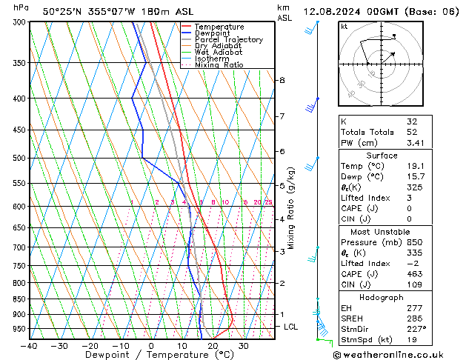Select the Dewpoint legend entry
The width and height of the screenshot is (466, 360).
click(x=216, y=33)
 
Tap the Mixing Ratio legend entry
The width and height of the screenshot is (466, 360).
click(x=219, y=65)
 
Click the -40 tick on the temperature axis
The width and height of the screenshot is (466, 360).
click(x=29, y=346)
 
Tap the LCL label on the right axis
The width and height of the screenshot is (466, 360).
click(x=292, y=327)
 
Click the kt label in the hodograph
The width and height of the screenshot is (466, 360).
click(x=344, y=26)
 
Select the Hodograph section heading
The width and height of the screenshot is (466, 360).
click(x=381, y=297)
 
